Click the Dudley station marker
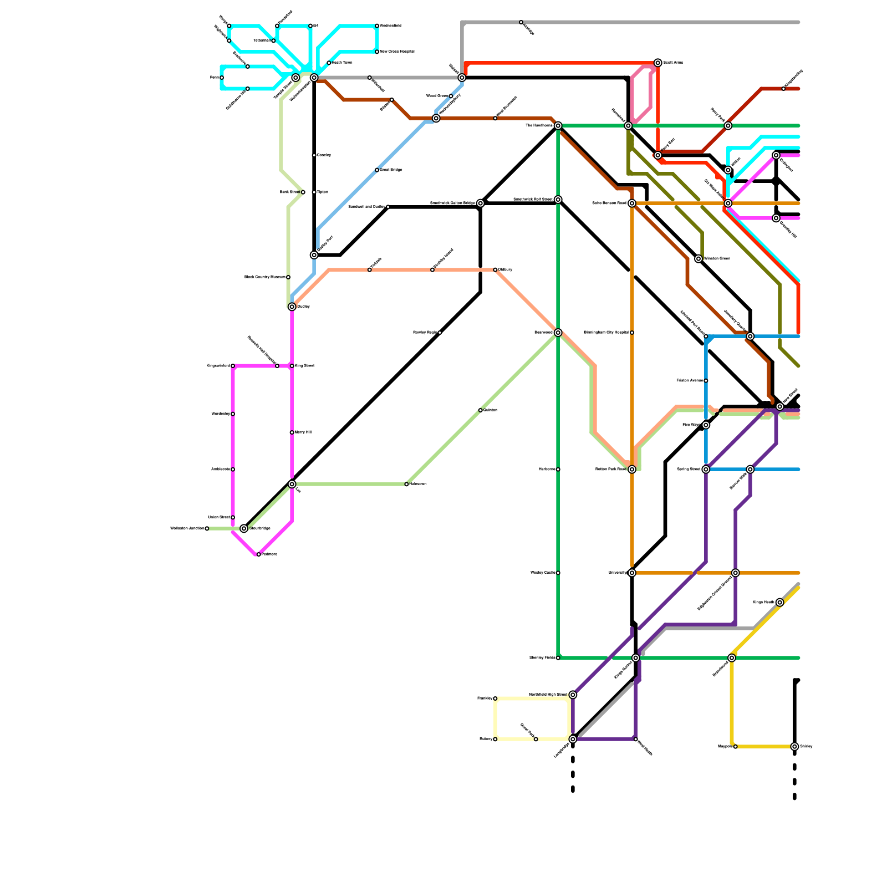(x=292, y=307)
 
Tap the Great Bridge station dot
(x=377, y=170)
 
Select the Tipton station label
(x=323, y=192)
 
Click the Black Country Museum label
(x=264, y=277)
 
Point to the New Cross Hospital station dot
(x=377, y=52)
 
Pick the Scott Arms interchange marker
(x=657, y=63)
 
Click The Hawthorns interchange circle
(x=558, y=126)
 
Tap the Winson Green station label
(x=717, y=259)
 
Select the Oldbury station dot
(x=495, y=270)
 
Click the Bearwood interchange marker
(x=558, y=333)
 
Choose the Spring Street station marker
(x=706, y=470)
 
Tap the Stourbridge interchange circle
(x=244, y=529)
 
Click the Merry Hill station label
(x=303, y=432)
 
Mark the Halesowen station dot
(x=406, y=485)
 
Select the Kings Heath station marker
(x=780, y=603)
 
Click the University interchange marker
(x=632, y=573)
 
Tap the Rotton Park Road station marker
(x=632, y=470)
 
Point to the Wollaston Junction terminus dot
(x=207, y=529)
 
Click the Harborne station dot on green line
(x=558, y=470)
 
